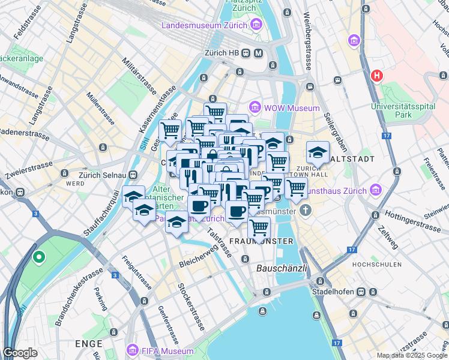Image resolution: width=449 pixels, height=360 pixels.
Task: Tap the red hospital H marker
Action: tap(377, 76)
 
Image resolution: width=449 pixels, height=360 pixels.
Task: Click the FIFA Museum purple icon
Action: tap(132, 350)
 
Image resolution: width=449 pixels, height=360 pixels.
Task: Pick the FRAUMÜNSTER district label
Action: tap(261, 241)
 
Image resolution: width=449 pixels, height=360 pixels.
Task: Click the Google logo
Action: tap(20, 353)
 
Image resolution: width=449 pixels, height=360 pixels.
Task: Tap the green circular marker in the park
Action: tap(39, 258)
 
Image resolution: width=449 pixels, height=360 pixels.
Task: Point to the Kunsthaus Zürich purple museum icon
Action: tap(376, 190)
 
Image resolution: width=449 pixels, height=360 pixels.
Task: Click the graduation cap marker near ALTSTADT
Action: tap(318, 152)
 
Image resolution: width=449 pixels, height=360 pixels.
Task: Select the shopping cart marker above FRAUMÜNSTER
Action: tap(259, 228)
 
